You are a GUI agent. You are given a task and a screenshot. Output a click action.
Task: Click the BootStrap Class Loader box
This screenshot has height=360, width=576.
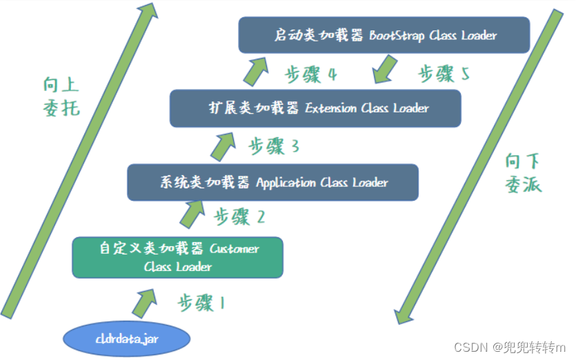click(384, 35)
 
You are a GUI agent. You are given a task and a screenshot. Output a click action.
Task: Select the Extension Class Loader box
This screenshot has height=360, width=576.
click(315, 108)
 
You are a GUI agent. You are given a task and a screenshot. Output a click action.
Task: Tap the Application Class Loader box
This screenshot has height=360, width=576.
click(272, 182)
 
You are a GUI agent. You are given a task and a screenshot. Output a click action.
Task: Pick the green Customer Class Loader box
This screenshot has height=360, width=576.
click(177, 257)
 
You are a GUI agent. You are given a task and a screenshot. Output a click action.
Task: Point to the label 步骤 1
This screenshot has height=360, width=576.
click(201, 302)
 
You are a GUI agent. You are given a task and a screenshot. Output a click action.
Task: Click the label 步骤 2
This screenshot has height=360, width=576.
click(239, 217)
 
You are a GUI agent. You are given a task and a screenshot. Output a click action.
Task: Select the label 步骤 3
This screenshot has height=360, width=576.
click(274, 146)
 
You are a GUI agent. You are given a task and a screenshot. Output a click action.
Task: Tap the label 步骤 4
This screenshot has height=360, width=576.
click(310, 74)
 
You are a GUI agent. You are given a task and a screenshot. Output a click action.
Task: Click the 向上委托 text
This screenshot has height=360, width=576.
click(61, 97)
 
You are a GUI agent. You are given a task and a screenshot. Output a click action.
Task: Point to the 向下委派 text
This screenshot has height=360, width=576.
click(524, 173)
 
